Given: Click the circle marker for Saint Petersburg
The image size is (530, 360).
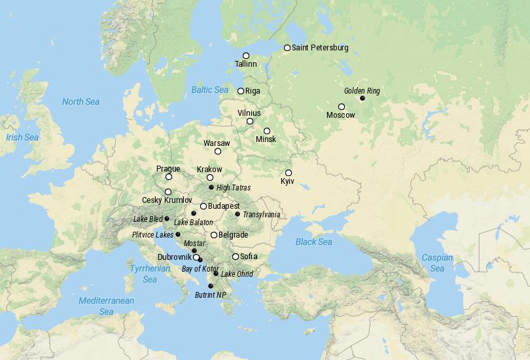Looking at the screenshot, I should (287, 48).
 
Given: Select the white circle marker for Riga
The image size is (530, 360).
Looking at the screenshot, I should (241, 91).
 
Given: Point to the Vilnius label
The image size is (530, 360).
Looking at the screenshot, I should (249, 113).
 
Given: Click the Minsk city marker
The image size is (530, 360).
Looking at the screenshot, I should (267, 131).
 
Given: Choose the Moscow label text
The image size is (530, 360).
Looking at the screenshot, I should (340, 115).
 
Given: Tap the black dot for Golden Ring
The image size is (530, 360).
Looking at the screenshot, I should (362, 98).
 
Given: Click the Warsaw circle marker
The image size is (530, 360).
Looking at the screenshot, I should (218, 151).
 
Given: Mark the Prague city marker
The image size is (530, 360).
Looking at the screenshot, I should (169, 177).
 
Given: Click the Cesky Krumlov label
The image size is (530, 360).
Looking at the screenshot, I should (167, 200).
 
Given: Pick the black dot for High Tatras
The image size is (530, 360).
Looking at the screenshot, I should (211, 188).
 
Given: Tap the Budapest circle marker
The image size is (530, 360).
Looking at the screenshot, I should (203, 206).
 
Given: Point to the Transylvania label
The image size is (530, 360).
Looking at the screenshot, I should (261, 214).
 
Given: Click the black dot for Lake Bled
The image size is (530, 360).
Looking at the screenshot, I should (167, 219).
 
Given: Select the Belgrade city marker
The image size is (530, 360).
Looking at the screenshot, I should (214, 235).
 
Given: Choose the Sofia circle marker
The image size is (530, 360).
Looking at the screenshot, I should (236, 256).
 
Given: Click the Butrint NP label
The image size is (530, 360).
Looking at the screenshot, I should (210, 295).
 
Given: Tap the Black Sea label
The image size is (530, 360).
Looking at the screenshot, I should (313, 242).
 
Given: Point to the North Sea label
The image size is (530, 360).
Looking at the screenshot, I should (80, 101).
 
